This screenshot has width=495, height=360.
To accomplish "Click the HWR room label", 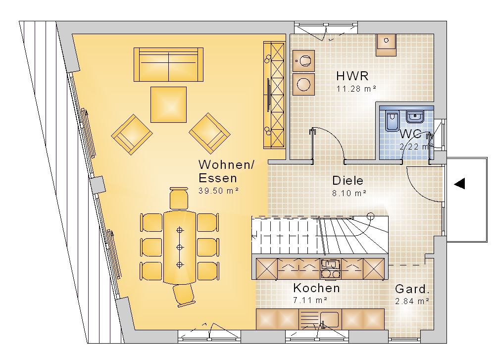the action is (x=352, y=76).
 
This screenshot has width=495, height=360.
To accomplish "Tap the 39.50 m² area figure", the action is (x=218, y=191).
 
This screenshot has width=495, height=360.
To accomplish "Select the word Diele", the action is (x=348, y=181).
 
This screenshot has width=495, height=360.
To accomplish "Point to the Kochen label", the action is (x=316, y=288).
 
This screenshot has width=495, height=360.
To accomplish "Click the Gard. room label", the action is (x=412, y=289).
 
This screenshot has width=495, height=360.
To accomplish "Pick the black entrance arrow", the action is (x=460, y=184).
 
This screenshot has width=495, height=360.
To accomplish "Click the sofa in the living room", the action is (x=169, y=64).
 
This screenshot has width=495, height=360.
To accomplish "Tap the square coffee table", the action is (x=169, y=104).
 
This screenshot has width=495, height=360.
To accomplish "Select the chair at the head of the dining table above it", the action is (x=179, y=198).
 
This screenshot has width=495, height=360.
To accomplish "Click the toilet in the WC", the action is (x=393, y=121).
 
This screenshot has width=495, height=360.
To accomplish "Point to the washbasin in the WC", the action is (x=415, y=116).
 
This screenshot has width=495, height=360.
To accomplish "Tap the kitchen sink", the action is (x=329, y=319).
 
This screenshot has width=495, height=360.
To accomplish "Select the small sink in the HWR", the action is (x=386, y=45).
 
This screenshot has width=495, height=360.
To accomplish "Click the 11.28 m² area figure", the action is (x=356, y=89).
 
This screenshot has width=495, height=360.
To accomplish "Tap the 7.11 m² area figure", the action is (x=310, y=300).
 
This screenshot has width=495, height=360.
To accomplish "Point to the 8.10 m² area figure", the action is (x=349, y=193).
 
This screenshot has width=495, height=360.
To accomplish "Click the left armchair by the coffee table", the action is (x=132, y=135).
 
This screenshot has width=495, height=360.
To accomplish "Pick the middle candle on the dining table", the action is (x=180, y=247).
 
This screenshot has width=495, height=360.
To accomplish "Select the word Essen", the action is (x=218, y=178).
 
